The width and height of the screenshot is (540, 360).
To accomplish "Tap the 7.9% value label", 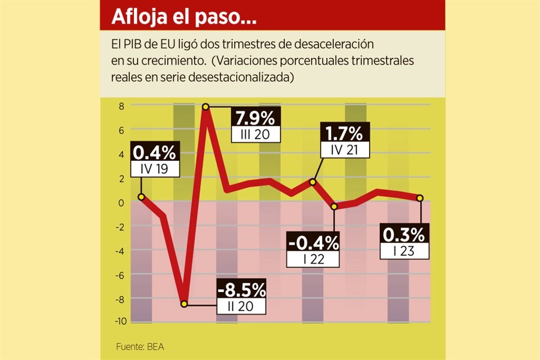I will (x=254, y=119).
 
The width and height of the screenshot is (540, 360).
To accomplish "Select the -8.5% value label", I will (x=242, y=290).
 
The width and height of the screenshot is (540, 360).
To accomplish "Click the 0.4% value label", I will (x=154, y=152).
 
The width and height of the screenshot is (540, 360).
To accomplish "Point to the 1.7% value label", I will (x=345, y=133).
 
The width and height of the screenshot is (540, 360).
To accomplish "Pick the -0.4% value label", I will (x=313, y=243).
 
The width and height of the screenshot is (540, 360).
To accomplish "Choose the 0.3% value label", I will (x=404, y=233).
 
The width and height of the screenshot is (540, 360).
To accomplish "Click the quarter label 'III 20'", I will (x=254, y=135).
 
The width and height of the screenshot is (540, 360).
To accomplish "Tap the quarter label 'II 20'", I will (x=242, y=307).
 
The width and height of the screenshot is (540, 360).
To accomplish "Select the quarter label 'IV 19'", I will (x=154, y=168).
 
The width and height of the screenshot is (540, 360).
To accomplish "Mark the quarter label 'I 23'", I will (x=404, y=251).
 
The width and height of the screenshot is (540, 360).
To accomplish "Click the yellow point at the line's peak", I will (x=206, y=106).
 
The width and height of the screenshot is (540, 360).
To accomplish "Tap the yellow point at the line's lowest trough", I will (x=184, y=304).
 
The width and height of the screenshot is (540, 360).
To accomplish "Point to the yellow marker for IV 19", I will (x=141, y=197).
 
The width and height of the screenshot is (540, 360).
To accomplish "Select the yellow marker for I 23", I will (x=420, y=197).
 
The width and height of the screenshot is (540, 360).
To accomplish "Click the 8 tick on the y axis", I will (x=120, y=105).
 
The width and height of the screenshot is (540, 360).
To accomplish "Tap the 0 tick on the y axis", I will (x=120, y=202).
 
